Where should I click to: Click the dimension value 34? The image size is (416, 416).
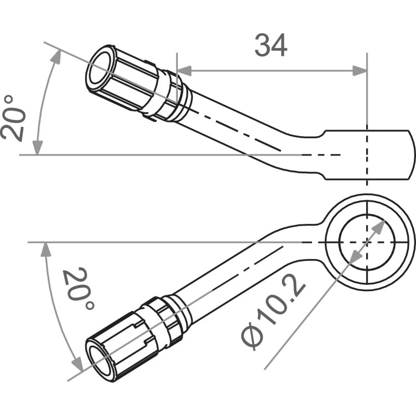pyautogui.click(x=271, y=45)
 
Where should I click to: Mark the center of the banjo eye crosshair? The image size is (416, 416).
pyautogui.click(x=367, y=242)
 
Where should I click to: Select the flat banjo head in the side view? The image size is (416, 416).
pyautogui.click(x=369, y=154)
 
